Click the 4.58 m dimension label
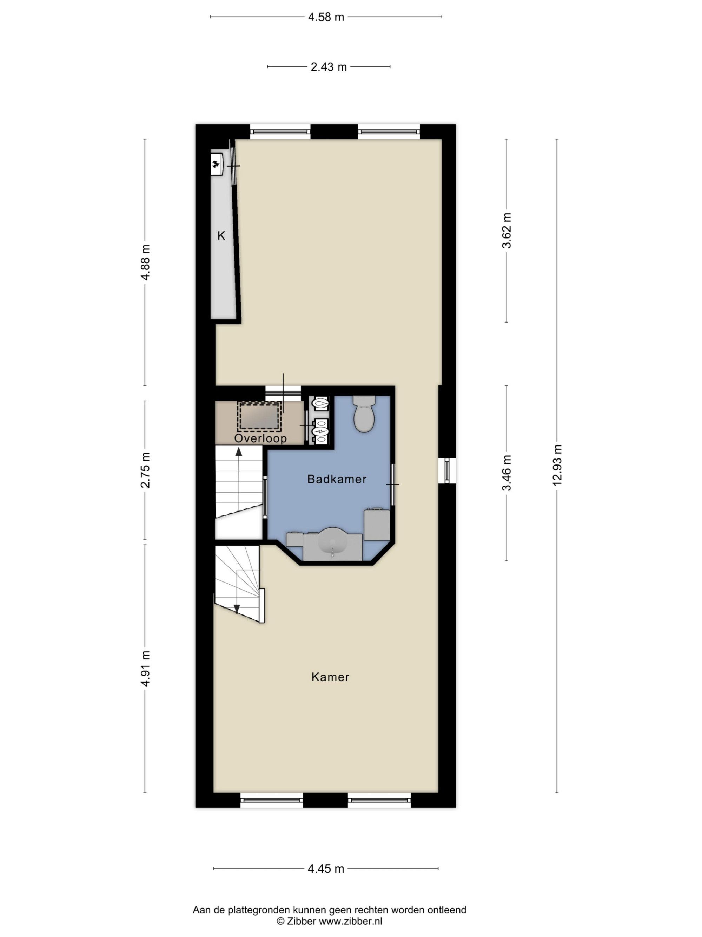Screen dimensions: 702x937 click(326, 17)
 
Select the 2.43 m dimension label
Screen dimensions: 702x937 click(329, 67)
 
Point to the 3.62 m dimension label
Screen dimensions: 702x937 click(506, 230)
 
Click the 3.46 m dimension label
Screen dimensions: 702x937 click(506, 473)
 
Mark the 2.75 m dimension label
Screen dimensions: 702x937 click(145, 470)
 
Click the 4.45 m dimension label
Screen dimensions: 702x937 click(326, 869)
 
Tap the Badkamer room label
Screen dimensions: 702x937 click(337, 479)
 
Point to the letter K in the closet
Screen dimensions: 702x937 click(221, 236)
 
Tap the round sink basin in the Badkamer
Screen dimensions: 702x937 click(333, 543)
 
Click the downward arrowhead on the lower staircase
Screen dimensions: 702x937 click(237, 609)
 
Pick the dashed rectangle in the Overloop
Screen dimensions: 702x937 click(259, 416)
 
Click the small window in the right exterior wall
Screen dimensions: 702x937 click(447, 471)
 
